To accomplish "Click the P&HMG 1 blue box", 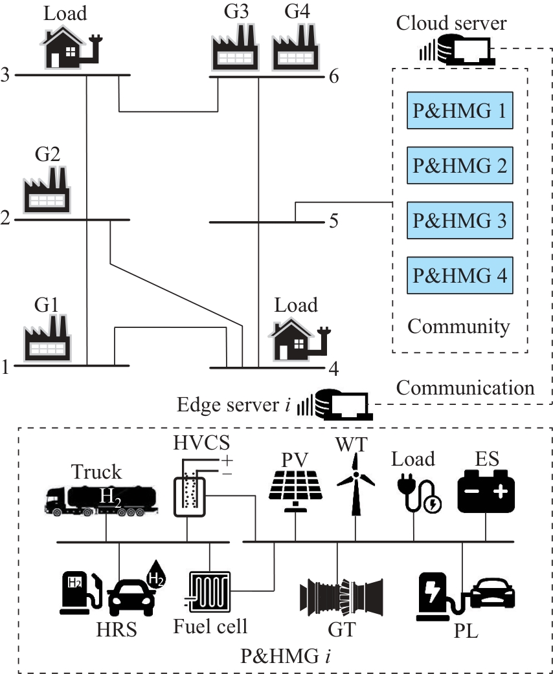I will coord(459,111).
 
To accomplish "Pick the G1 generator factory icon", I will coord(47,335).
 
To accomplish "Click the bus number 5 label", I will coord(334,221).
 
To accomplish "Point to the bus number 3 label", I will coord(6,76).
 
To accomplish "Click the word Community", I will coord(458,326).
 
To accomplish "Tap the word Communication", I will coord(465,387).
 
